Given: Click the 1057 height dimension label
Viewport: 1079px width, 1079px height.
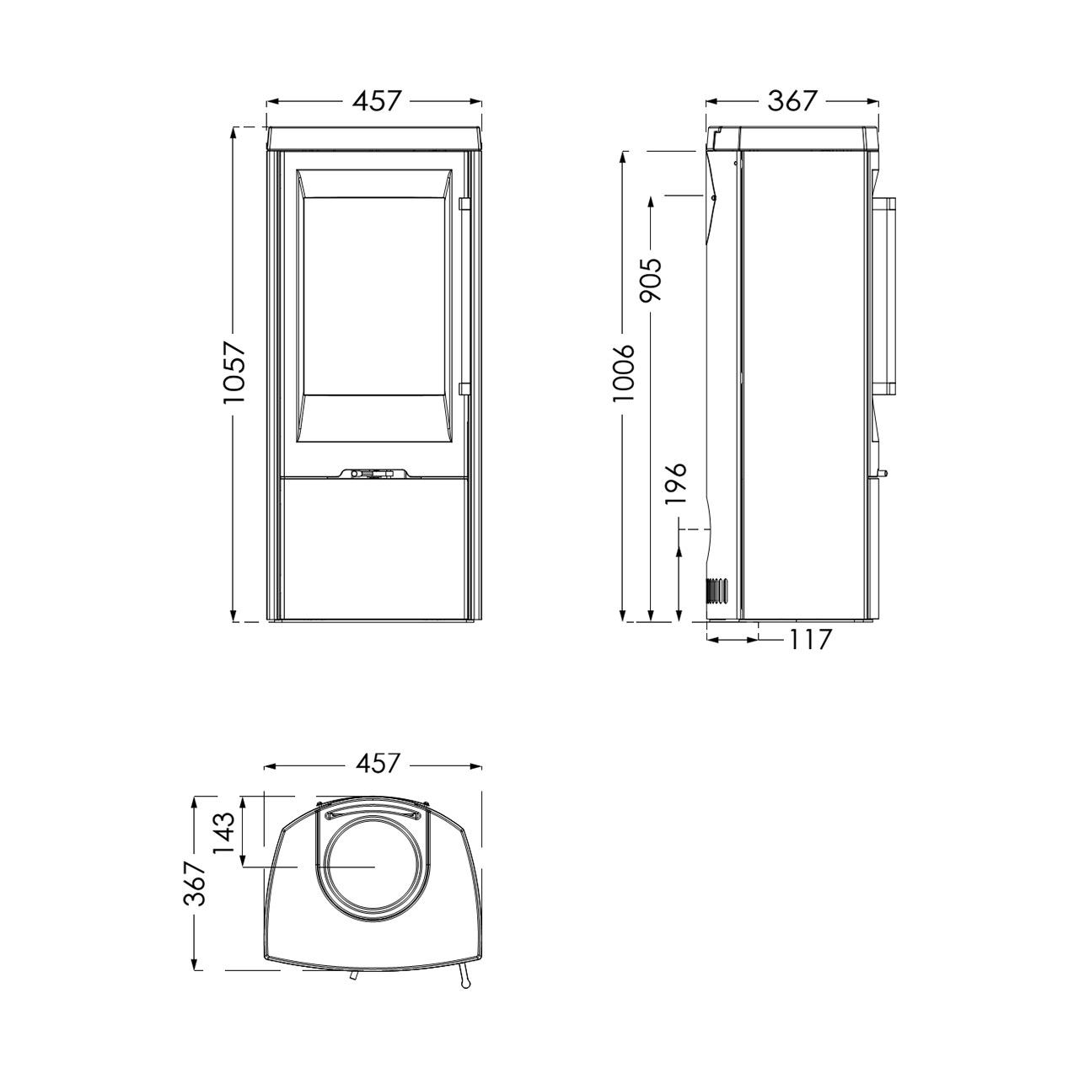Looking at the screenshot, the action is click(x=234, y=373).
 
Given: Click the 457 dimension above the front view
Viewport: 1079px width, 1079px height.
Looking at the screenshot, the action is click(x=377, y=101).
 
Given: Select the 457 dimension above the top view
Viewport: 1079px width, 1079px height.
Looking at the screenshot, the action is click(x=377, y=763).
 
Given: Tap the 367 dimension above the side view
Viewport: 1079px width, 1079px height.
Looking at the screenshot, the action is click(x=792, y=101).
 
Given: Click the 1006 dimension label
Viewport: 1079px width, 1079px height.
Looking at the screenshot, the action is click(x=624, y=373).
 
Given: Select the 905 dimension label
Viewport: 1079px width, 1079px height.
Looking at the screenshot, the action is click(x=652, y=280).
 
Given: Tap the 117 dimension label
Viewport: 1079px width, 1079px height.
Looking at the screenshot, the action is click(x=810, y=640).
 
